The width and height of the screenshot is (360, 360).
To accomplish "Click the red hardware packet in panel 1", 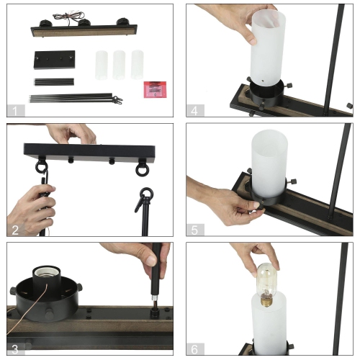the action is click(x=155, y=89).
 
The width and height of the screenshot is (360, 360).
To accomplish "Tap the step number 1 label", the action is click(x=15, y=111).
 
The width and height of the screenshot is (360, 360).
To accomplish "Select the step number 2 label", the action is click(x=15, y=230).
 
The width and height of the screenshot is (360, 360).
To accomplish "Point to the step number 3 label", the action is click(x=15, y=349).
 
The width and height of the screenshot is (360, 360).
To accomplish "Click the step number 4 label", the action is click(x=194, y=111).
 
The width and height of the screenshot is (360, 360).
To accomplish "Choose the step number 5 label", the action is click(x=194, y=230).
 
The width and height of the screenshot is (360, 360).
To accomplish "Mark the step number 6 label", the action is click(x=194, y=349).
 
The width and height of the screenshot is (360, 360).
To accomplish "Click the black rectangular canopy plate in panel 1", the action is click(x=55, y=60).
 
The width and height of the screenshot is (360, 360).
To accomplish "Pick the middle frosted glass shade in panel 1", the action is click(x=119, y=65).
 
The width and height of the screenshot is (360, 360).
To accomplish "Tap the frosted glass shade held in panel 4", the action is click(x=269, y=48).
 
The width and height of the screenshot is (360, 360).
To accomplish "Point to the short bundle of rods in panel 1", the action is click(x=54, y=82).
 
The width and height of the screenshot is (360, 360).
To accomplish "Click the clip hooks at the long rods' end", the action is click(x=117, y=100).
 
